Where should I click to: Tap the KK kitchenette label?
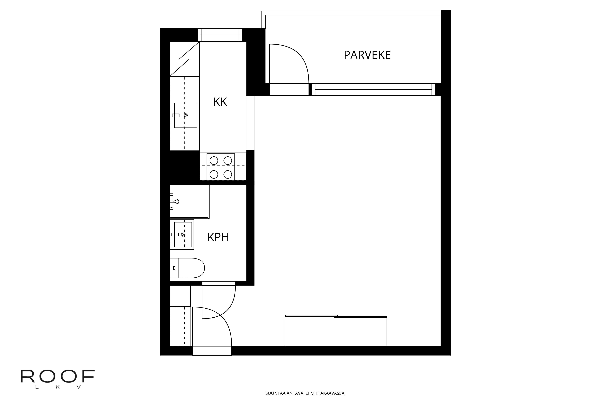pyautogui.click(x=220, y=102)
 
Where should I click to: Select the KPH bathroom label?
pyautogui.click(x=218, y=237)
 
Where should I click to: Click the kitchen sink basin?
pyautogui.click(x=185, y=115)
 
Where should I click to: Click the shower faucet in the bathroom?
pyautogui.click(x=175, y=201)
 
